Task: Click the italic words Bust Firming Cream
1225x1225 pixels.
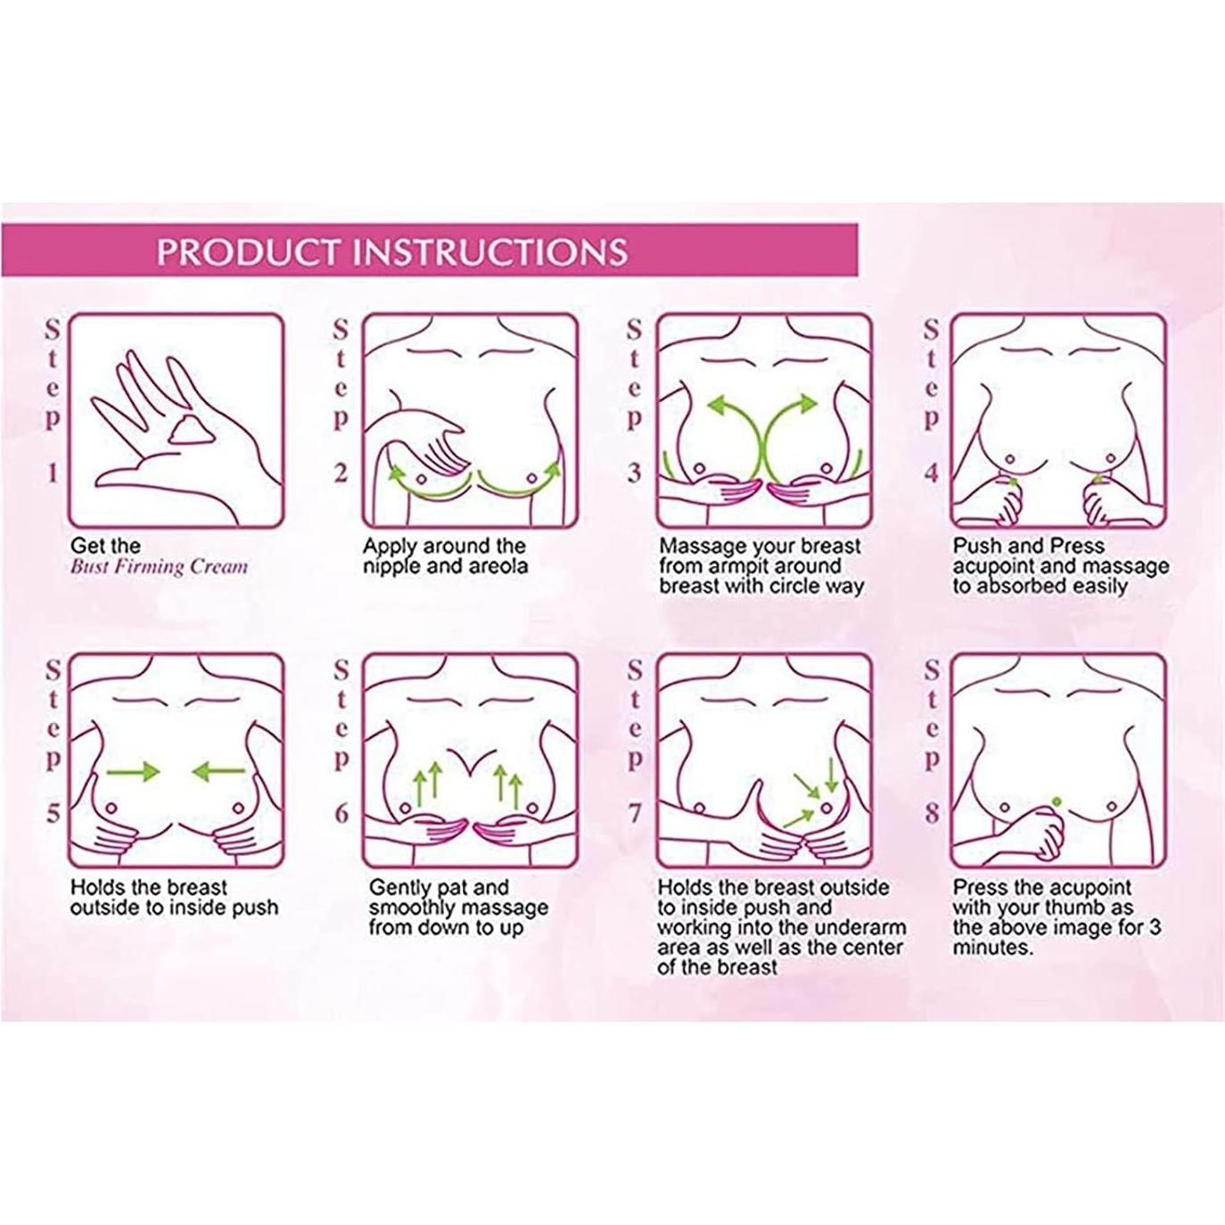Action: [159, 566]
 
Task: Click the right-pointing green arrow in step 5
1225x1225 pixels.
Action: [133, 771]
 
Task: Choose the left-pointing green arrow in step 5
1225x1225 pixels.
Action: [217, 771]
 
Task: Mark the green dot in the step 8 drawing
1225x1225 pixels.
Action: [1056, 800]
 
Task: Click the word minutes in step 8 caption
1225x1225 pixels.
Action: [991, 948]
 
